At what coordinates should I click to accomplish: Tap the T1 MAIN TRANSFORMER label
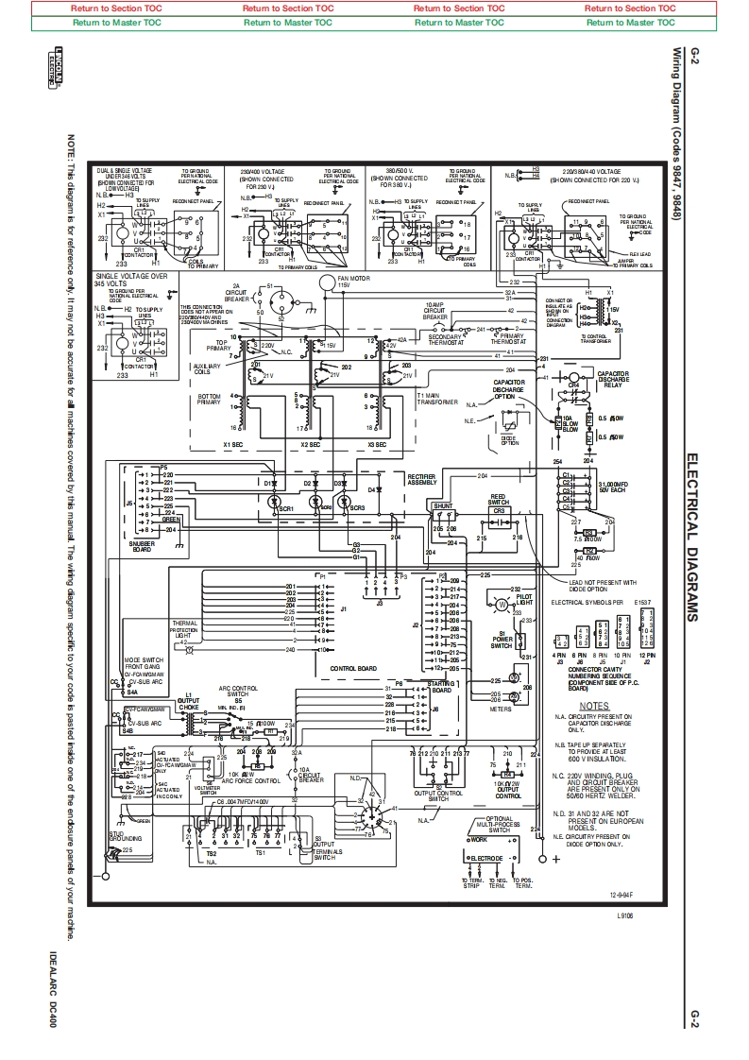click(435, 398)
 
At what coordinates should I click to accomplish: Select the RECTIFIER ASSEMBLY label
click(421, 479)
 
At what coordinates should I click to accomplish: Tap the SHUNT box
click(442, 506)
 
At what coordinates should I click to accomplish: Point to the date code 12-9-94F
click(621, 893)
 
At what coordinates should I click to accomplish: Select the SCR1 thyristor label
click(285, 508)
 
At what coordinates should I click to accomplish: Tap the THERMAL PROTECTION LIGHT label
click(184, 628)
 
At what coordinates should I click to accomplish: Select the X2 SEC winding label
click(310, 443)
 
